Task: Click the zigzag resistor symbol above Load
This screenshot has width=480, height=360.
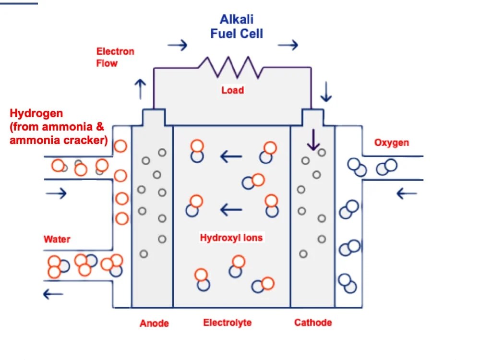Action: (231, 67)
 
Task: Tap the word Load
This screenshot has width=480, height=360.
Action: (233, 90)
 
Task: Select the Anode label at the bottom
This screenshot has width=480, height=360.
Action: (154, 323)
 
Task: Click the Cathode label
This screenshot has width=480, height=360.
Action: (313, 323)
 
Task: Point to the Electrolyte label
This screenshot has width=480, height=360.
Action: (227, 323)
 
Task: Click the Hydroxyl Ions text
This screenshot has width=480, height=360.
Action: (231, 238)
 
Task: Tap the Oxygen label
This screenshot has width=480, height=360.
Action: (392, 143)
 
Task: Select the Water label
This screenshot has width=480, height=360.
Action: (57, 239)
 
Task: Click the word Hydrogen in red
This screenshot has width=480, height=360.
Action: (36, 114)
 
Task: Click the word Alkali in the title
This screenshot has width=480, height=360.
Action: (236, 20)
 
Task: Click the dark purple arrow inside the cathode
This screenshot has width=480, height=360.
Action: (313, 139)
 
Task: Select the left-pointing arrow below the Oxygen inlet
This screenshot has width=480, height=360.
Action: (407, 193)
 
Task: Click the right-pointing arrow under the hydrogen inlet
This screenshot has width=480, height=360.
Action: (56, 193)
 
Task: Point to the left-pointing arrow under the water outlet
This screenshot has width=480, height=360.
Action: (53, 294)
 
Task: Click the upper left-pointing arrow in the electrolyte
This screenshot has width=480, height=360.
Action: (231, 156)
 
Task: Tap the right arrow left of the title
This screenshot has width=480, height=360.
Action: (177, 46)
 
